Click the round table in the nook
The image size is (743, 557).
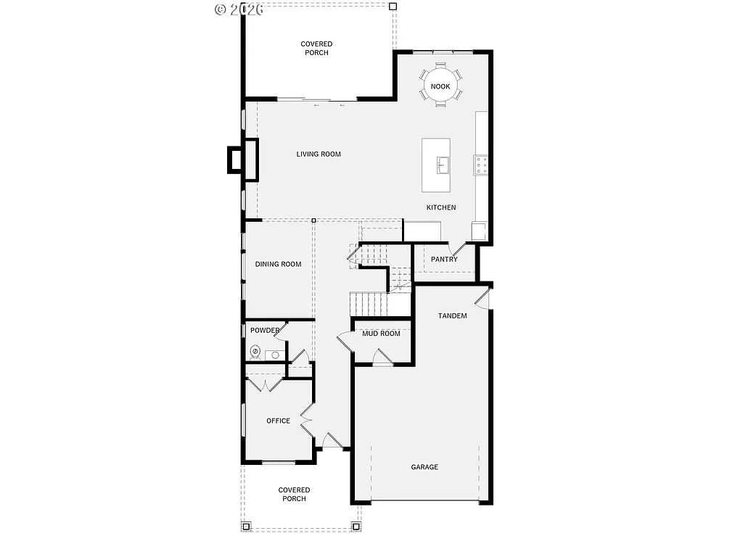point(440,86)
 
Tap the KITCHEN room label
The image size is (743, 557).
point(441,207)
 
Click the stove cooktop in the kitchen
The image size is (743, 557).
point(481,165)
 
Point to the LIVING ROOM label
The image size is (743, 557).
point(319,154)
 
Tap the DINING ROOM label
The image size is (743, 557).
point(278,264)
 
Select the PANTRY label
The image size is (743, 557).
point(444,259)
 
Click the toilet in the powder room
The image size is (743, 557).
point(255,352)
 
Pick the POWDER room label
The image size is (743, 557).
point(265,331)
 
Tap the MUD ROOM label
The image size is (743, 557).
point(381,334)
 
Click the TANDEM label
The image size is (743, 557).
point(452,315)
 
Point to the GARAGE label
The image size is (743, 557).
point(424,467)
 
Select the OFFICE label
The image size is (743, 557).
point(278,421)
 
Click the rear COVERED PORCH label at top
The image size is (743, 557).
point(316,49)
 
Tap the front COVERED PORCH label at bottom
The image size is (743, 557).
point(294,495)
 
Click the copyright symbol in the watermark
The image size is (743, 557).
point(221,9)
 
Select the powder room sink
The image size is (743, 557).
point(273,355)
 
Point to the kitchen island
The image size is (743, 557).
point(436,165)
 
